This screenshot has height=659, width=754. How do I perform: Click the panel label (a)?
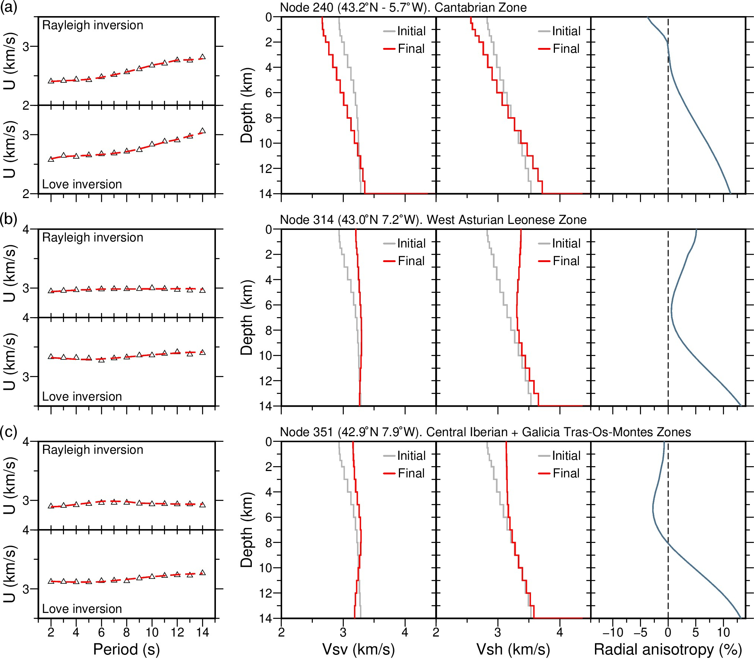tap(9, 7)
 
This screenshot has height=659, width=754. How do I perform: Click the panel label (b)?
tap(9, 219)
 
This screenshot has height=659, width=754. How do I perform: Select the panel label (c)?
tap(9, 432)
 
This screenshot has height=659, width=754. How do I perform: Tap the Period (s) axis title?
tap(126, 649)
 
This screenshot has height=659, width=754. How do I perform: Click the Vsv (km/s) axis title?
tap(358, 649)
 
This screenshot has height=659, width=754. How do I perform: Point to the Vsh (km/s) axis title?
tap(513, 649)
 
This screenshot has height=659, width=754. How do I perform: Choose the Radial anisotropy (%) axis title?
tap(668, 649)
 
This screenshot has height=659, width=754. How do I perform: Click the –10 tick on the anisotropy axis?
tap(613, 632)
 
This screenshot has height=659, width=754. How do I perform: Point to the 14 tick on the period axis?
tap(202, 632)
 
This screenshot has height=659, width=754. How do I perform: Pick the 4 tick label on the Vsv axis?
tap(405, 632)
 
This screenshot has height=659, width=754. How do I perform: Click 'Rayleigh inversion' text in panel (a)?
tap(92, 25)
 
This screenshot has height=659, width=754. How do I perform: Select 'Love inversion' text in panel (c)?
tap(82, 609)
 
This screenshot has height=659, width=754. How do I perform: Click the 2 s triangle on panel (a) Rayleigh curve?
tap(51, 81)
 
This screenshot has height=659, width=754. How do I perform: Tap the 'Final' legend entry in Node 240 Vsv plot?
tap(411, 49)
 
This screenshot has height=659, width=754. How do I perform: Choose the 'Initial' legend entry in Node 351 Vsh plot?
tap(566, 456)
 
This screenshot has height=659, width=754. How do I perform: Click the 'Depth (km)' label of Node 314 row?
tap(247, 318)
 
